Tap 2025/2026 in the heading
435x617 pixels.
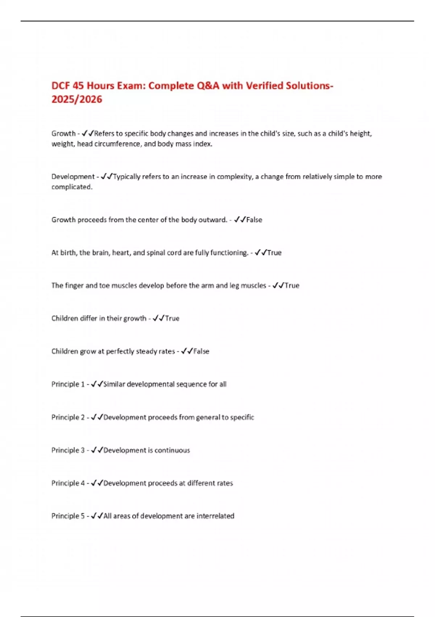(x=77, y=99)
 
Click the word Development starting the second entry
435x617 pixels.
(x=73, y=176)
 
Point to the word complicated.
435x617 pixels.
(x=72, y=187)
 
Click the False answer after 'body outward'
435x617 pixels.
(x=254, y=220)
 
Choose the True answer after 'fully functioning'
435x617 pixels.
(x=274, y=253)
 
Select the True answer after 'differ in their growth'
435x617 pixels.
(x=172, y=318)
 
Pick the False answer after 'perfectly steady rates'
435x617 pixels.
(x=201, y=351)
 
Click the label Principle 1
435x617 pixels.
(x=68, y=384)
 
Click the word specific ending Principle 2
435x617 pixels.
(x=242, y=417)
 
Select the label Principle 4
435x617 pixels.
(x=68, y=483)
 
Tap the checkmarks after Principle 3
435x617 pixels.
(x=97, y=450)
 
